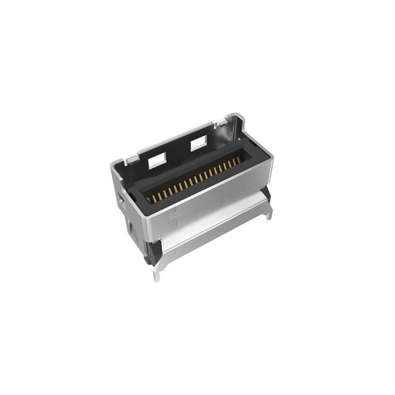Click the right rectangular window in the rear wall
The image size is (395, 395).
point(199,144)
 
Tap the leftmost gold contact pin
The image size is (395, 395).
point(149,199)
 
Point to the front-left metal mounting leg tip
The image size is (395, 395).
point(157,276)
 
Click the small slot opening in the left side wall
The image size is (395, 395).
point(118,200)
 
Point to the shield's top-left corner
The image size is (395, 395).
point(113,164)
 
